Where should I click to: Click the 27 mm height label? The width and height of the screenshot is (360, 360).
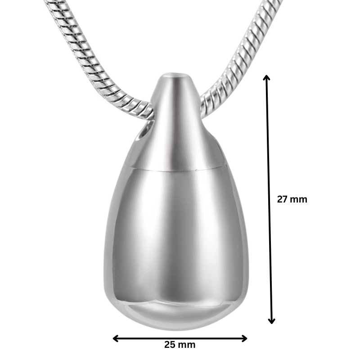point(292,199)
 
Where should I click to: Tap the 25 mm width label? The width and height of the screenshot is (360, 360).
point(180,345)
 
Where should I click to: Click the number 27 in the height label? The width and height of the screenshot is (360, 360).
point(283,199)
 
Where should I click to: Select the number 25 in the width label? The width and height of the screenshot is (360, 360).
point(170,345)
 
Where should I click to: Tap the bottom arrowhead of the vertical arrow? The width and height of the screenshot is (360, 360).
point(271,320)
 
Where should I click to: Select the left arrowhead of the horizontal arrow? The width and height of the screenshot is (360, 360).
point(115,338)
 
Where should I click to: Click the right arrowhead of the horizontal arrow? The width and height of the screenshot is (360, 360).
point(244,338)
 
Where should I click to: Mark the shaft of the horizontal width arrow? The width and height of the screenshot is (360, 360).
point(180,338)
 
